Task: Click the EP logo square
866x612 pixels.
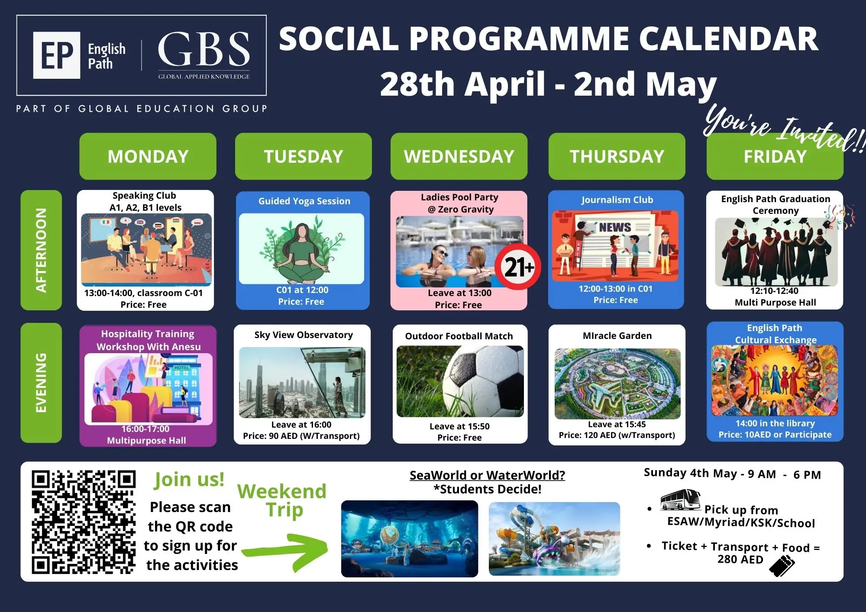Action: coord(57,55)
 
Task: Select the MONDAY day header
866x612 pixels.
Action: coord(148,156)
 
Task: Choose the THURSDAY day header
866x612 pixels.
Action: coord(617,156)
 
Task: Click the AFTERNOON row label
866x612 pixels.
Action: coord(41,250)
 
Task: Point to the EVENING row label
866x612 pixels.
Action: coord(41,383)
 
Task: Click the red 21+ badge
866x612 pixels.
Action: coord(518,267)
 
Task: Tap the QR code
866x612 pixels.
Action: coord(84,522)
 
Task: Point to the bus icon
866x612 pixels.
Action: coord(680,500)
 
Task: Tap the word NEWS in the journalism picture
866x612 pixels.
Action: coord(615,227)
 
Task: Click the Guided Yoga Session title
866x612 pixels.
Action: coord(304,201)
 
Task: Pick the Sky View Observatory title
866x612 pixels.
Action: coord(304,335)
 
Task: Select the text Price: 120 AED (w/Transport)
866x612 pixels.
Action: coord(617,435)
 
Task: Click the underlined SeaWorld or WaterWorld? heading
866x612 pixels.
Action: coord(487,475)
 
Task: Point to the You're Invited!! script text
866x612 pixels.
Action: coord(784,128)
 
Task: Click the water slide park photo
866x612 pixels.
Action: coord(554,539)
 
